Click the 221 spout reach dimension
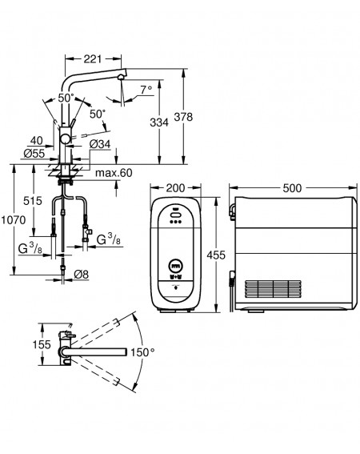(93, 59)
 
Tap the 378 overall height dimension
(183, 117)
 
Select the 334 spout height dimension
(159, 123)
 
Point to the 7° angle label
(146, 90)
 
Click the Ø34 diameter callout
(100, 144)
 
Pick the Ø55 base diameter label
(34, 154)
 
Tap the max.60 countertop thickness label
(114, 173)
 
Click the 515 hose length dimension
(33, 201)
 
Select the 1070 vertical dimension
(14, 220)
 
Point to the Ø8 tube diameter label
(82, 274)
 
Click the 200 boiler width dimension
(175, 188)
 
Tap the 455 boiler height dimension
(216, 255)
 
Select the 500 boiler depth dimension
(292, 188)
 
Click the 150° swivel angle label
(142, 352)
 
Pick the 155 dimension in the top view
(42, 344)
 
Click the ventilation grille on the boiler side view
(273, 289)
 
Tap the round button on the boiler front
(176, 266)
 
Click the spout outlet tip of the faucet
(121, 77)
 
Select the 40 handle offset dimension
(37, 141)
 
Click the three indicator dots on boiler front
(176, 222)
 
